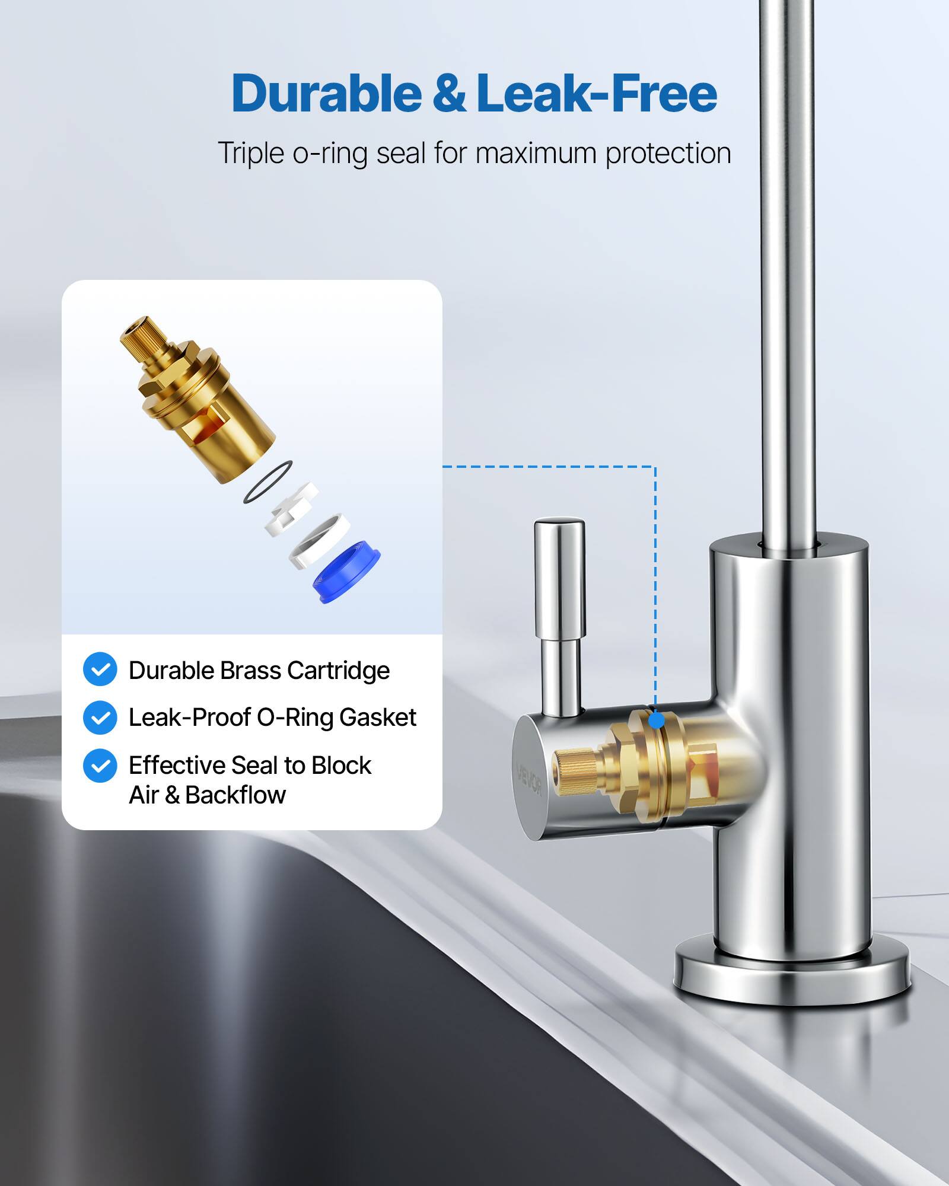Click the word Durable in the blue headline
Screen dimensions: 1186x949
[326, 94]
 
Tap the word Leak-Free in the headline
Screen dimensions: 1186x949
[596, 94]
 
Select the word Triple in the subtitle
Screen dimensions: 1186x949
[251, 154]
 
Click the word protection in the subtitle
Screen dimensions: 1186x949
[668, 154]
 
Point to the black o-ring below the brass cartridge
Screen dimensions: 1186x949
[267, 482]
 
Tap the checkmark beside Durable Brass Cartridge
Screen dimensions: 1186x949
[100, 669]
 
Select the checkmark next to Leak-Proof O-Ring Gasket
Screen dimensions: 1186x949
[100, 718]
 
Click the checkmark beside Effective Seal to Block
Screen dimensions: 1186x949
[100, 766]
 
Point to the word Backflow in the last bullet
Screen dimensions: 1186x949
[235, 795]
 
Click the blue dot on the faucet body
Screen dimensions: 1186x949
[656, 721]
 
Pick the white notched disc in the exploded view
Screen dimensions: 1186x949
[292, 508]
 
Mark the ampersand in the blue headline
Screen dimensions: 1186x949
[450, 94]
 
